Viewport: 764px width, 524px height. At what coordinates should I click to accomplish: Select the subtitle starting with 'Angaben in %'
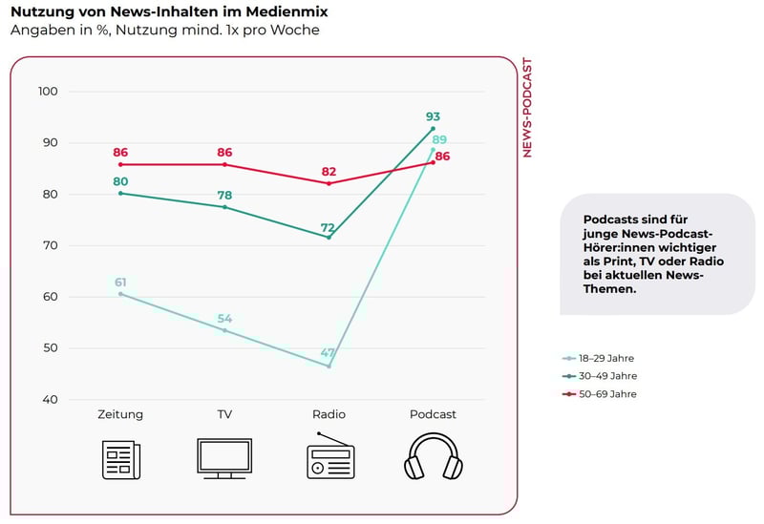coord(164,30)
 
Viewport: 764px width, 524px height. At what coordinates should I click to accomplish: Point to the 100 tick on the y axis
coord(48,92)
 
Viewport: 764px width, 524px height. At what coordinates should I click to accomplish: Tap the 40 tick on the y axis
coord(48,399)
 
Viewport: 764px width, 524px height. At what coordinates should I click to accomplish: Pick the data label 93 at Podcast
coord(433,116)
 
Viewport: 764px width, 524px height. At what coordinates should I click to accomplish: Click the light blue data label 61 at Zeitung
coord(120,282)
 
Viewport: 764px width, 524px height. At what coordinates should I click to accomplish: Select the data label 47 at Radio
coord(329,353)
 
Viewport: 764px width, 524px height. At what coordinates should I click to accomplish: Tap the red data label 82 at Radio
coord(329,171)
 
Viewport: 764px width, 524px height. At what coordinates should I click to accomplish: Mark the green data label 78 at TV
coord(224,196)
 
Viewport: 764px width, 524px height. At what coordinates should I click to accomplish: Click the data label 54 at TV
coord(224,319)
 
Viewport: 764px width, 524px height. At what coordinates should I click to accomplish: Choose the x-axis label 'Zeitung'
coord(120,414)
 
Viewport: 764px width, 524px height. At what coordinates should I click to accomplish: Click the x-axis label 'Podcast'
coord(433,414)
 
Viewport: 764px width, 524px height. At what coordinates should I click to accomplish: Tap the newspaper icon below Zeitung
coord(121,459)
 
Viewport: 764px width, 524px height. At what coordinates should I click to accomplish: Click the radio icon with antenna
coord(329,456)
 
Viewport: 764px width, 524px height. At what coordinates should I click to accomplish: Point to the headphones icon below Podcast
coord(433,456)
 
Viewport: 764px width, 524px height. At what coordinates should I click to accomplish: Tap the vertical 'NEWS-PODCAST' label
coord(527,107)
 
